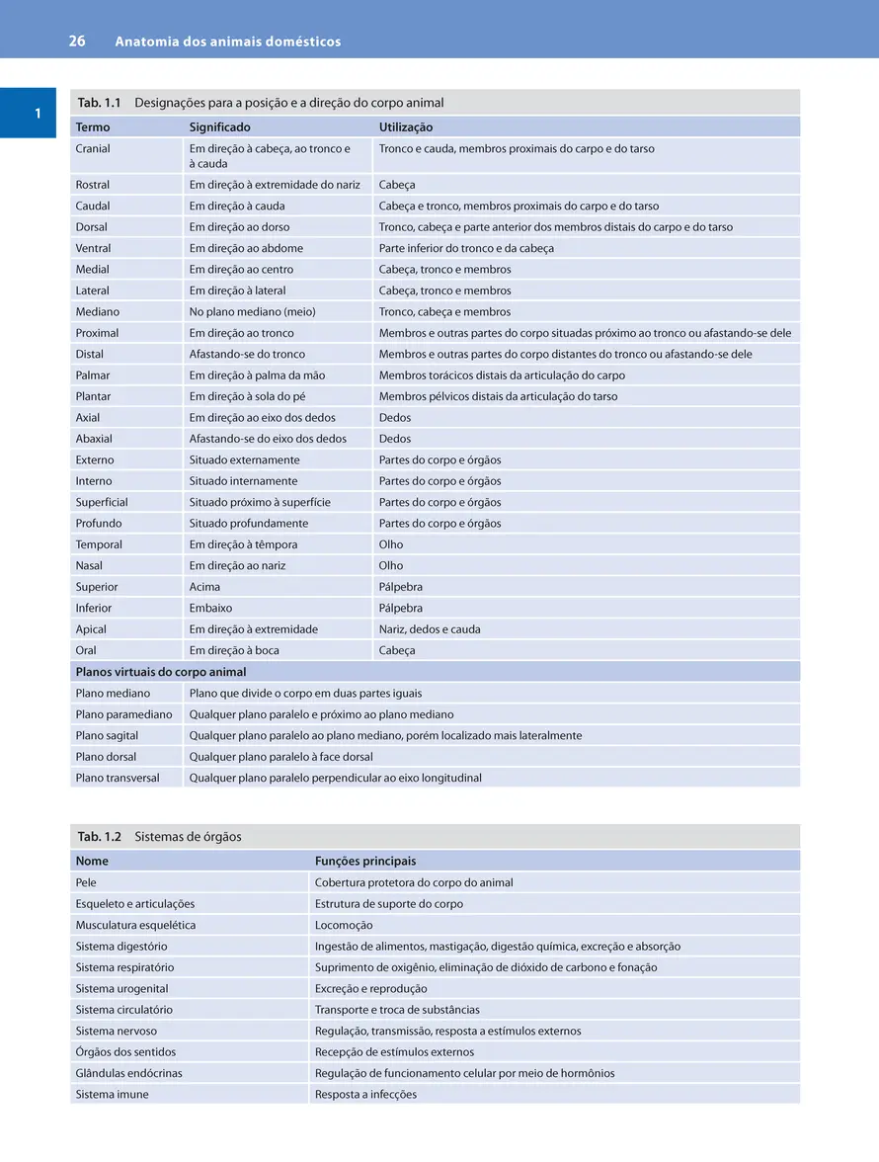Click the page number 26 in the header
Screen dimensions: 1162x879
click(77, 41)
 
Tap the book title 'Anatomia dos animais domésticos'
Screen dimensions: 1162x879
click(228, 41)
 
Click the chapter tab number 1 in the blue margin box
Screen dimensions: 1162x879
click(38, 114)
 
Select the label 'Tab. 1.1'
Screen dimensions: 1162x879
click(99, 103)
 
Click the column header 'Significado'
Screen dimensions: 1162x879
click(219, 127)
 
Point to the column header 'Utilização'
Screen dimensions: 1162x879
click(406, 127)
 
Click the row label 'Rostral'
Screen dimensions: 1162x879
click(93, 185)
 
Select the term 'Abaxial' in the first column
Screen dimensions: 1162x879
click(94, 439)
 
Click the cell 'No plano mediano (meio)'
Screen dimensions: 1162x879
click(252, 312)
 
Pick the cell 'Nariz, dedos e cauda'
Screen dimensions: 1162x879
click(430, 629)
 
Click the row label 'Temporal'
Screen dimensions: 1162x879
click(99, 544)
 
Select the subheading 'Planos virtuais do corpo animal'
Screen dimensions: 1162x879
click(161, 672)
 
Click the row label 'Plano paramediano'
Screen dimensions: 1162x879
click(123, 714)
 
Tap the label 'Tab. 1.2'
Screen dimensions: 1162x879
click(99, 837)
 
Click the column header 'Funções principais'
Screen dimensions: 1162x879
click(365, 862)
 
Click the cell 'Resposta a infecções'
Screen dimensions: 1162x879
click(365, 1095)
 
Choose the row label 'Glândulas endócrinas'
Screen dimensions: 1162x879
click(128, 1073)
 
